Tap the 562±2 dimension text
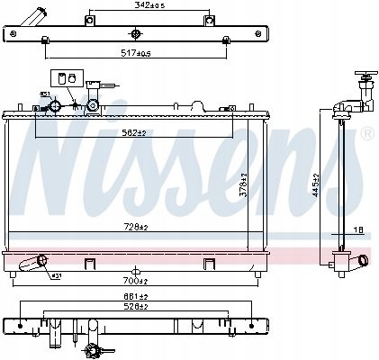(x=136, y=132)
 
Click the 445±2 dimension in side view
(x=314, y=184)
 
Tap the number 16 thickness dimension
(x=358, y=230)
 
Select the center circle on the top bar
(x=136, y=34)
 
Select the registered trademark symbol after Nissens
(x=365, y=134)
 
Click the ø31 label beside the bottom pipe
(x=55, y=275)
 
